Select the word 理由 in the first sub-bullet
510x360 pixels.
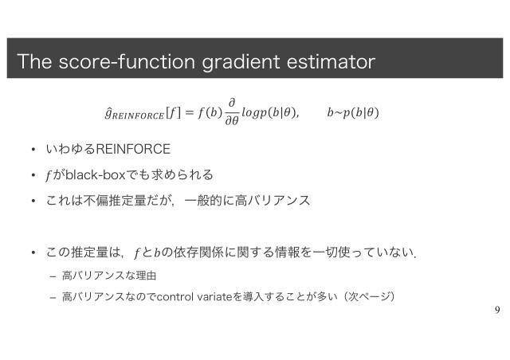pyautogui.click(x=145, y=276)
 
